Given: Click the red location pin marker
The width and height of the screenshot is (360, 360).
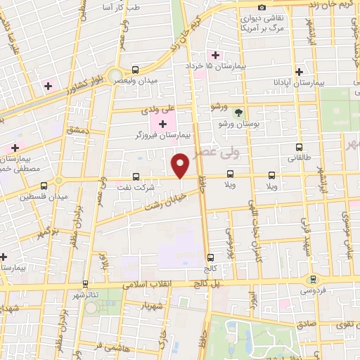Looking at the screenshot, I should coord(181,165).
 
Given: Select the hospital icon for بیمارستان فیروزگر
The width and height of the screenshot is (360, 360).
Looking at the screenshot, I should coord(163,124).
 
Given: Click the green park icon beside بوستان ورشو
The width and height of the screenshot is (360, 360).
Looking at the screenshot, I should coord(238,112).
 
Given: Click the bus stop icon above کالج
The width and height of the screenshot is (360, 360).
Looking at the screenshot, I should coord(210,257).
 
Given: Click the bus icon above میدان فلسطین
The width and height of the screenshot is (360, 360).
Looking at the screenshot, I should coord(44,184).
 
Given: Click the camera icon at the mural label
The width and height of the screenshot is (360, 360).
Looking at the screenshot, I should coord(262,7).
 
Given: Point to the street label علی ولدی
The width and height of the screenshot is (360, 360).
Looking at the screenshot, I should coord(157,110).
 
